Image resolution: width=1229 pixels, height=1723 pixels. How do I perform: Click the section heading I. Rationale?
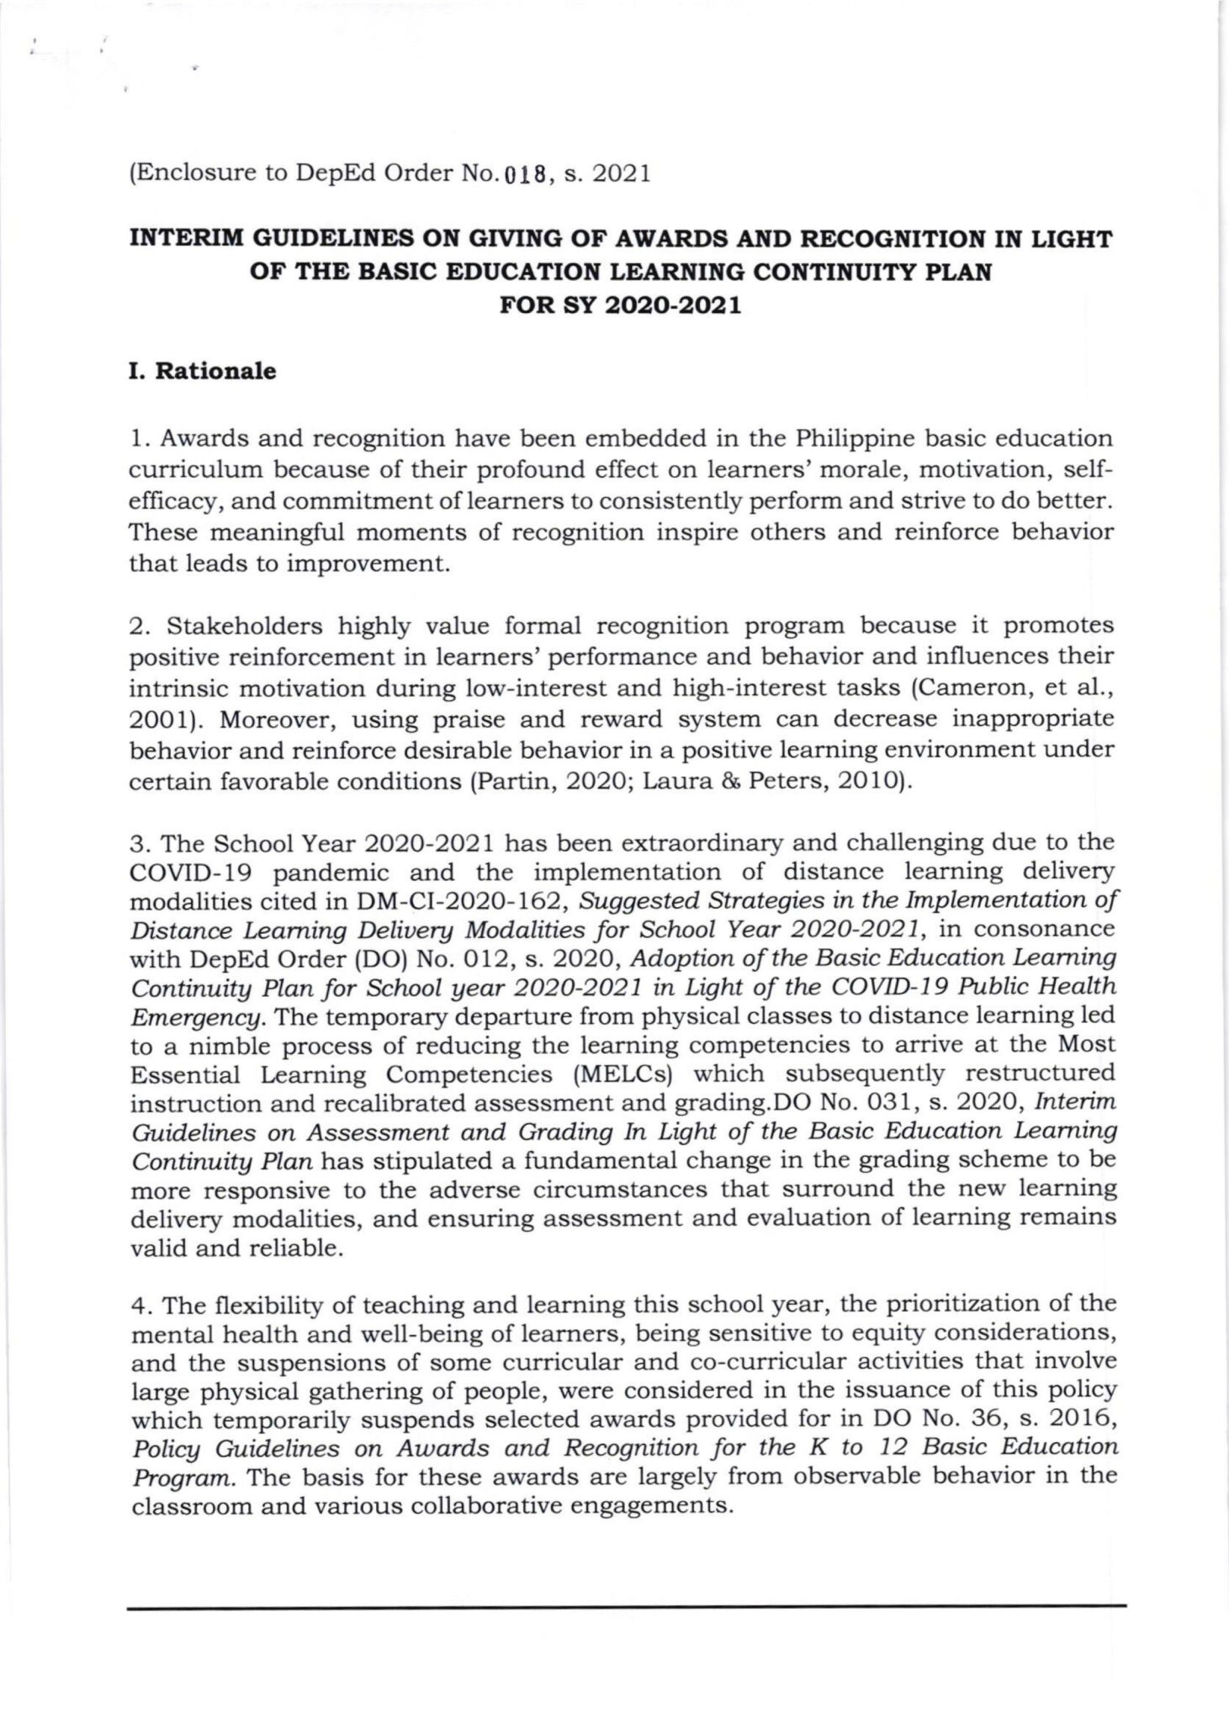point(202,371)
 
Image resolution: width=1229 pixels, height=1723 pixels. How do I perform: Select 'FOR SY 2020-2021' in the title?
point(621,305)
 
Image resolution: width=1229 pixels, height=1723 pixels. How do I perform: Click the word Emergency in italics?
point(198,1017)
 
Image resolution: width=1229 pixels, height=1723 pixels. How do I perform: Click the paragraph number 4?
point(138,1305)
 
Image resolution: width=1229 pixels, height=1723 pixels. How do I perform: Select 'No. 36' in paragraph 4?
point(949,1421)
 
